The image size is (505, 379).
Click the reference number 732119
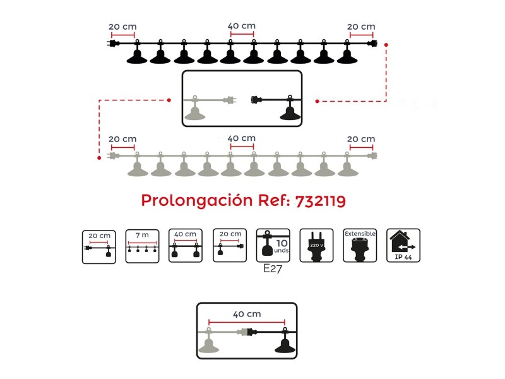pos(321,201)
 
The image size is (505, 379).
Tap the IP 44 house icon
pos(403,245)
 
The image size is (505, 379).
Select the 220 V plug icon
pos(316,245)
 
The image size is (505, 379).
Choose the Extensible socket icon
pos(360,245)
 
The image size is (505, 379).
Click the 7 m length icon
pos(143,246)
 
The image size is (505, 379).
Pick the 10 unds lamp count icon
pos(273,245)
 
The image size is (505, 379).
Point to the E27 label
pos(273,268)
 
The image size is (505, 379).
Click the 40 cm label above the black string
pos(242,26)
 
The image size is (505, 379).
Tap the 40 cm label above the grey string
pos(242,138)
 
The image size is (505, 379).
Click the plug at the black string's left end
pos(113,43)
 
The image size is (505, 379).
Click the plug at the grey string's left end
pos(113,156)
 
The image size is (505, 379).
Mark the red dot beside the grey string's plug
pos(99,158)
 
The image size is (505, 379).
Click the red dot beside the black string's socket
pos(386,45)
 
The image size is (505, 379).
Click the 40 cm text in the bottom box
pos(247,314)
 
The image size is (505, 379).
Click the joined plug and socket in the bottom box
pos(247,331)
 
